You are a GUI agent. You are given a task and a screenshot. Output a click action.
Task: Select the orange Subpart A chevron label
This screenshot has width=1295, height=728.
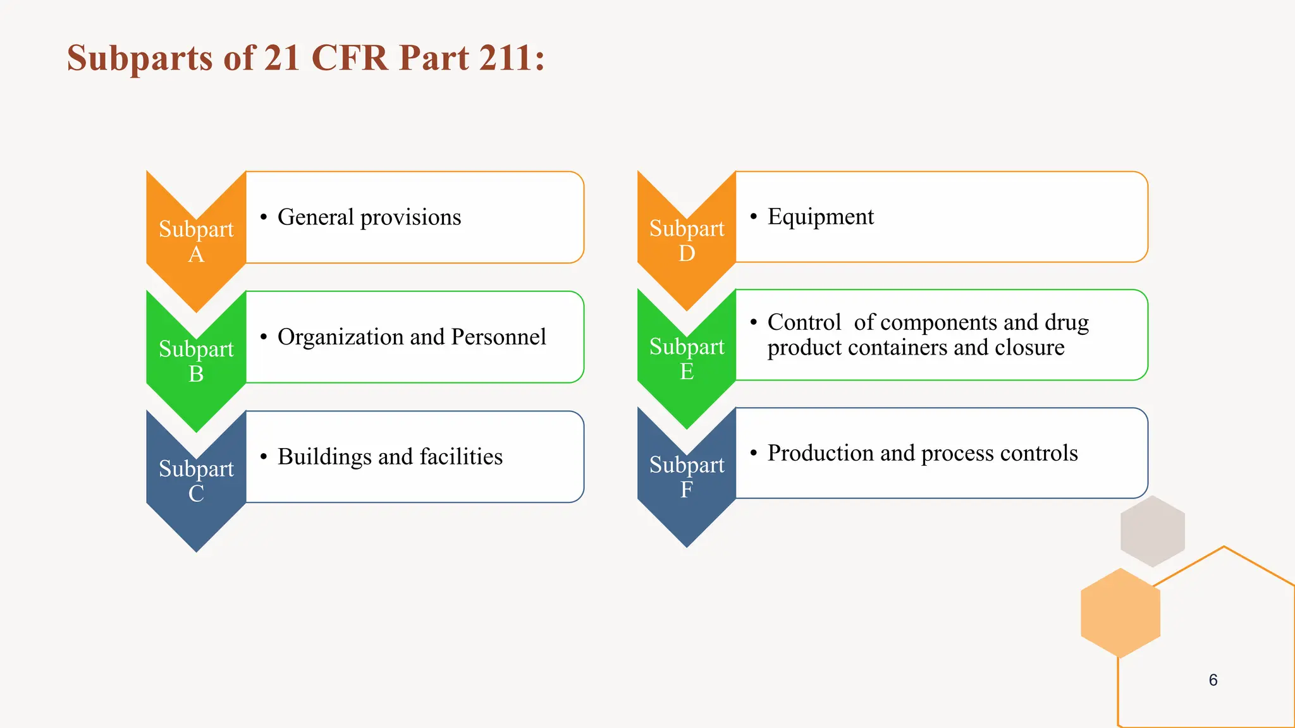[x=196, y=241]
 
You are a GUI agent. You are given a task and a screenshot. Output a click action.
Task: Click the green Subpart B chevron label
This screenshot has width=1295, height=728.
[x=196, y=361]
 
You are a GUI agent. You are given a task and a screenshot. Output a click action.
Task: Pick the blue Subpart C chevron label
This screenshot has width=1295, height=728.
[x=196, y=480]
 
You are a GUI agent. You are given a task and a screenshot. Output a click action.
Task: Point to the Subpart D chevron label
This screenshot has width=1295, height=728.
[x=687, y=240]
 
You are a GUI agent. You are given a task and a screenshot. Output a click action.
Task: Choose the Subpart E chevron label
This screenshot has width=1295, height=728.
[x=687, y=358]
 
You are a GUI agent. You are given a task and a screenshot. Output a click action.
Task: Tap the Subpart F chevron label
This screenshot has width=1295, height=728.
[x=687, y=476]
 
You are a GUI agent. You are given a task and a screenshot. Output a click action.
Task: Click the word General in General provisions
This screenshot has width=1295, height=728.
[x=316, y=217]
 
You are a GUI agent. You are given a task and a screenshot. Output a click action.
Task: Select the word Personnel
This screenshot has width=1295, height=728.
[x=498, y=337]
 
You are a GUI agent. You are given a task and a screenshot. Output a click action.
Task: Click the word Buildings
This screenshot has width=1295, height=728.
[x=324, y=457]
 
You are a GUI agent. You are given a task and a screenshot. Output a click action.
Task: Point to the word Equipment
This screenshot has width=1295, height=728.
[x=821, y=217]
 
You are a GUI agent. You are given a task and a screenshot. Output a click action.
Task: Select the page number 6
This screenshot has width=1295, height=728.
[x=1213, y=680]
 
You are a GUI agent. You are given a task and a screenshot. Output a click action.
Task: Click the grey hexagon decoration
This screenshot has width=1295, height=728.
[x=1152, y=531]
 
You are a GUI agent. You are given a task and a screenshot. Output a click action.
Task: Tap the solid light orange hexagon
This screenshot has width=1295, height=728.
[x=1120, y=612]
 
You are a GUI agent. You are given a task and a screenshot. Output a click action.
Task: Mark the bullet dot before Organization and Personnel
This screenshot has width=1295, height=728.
[x=263, y=337]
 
